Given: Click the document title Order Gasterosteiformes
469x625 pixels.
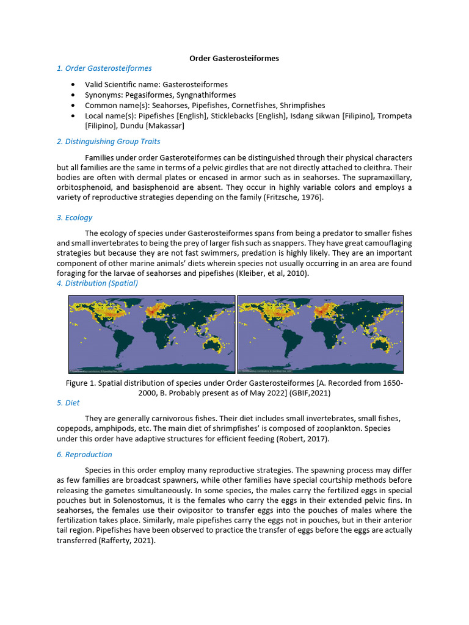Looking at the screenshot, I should [x=234, y=58].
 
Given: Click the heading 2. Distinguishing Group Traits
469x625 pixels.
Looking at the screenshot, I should [x=109, y=142].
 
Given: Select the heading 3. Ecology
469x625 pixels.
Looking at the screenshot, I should [x=75, y=217].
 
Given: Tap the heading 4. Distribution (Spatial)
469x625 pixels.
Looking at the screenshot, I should [x=97, y=283].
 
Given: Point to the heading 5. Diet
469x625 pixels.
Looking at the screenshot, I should [x=68, y=403].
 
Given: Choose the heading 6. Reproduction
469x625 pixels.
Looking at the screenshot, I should [x=84, y=454].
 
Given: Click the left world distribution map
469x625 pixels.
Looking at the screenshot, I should [x=152, y=334].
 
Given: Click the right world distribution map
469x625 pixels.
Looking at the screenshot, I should [x=320, y=334].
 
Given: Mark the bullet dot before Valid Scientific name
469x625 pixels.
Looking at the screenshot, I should [x=74, y=84].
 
